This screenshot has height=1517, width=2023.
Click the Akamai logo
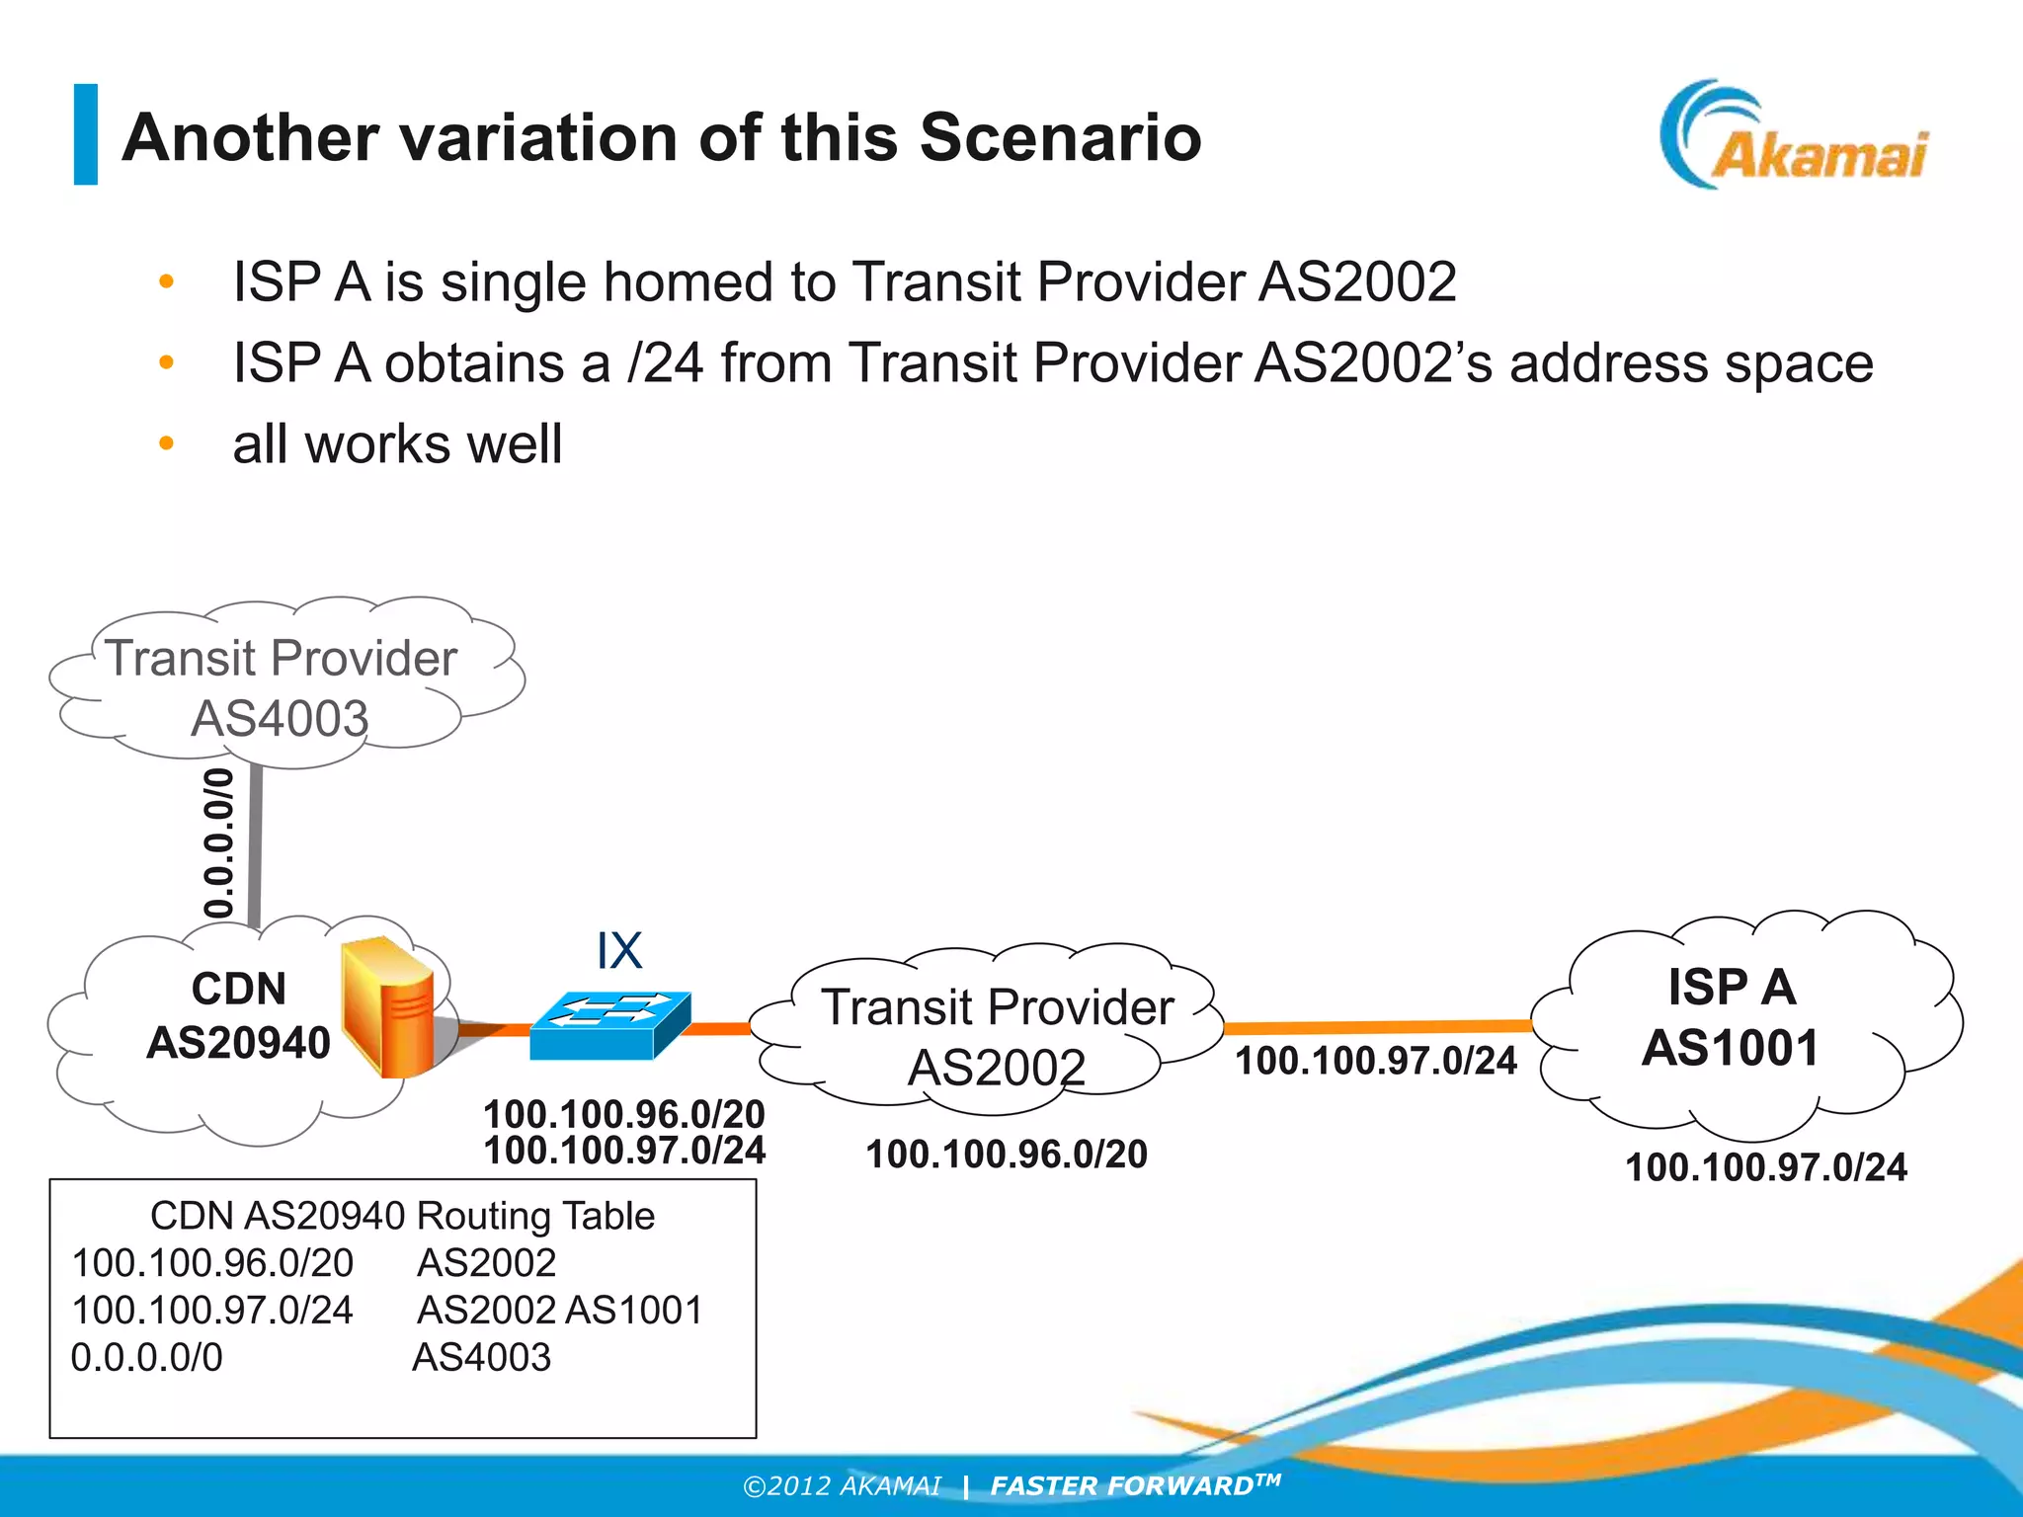[1793, 138]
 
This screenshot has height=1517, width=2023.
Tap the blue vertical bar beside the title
[86, 134]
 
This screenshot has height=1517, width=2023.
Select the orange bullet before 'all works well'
[166, 444]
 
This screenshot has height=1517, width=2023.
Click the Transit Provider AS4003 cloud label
[281, 687]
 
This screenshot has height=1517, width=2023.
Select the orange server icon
[388, 1007]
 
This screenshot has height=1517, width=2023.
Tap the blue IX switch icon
[609, 1025]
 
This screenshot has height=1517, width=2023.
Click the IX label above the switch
[619, 951]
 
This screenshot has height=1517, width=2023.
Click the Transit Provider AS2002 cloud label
[997, 1037]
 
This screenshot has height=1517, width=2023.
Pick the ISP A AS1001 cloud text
[1731, 1017]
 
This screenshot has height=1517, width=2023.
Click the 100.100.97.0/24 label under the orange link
[1376, 1062]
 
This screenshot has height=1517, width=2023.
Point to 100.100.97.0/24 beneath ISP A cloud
[1765, 1167]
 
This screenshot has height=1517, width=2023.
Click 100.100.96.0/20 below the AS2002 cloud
[1006, 1155]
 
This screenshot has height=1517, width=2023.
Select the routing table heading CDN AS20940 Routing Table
[402, 1216]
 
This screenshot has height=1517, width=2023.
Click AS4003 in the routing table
[481, 1358]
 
